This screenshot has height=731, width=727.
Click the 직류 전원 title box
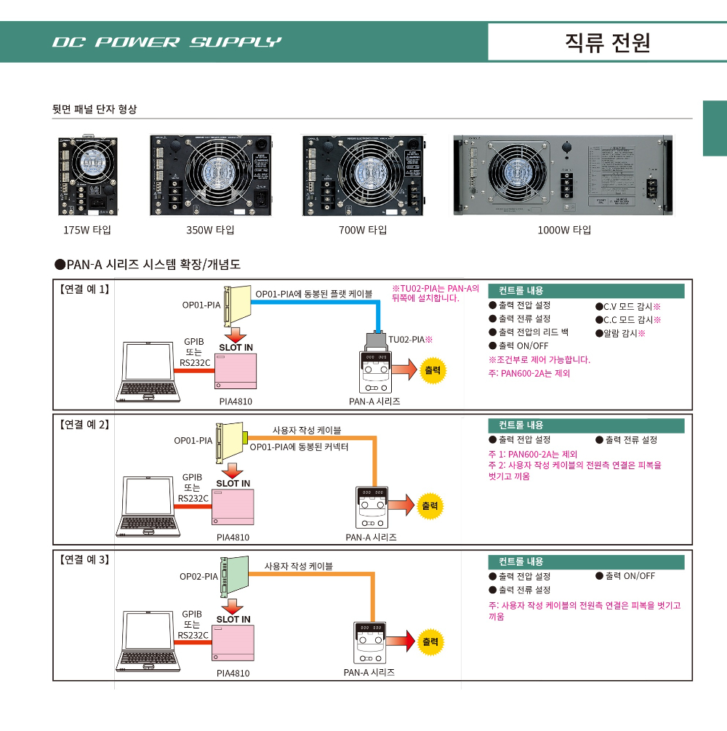(607, 42)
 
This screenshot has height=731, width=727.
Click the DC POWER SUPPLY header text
(166, 42)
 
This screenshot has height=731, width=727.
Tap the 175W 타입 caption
(87, 230)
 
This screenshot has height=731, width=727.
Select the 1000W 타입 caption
(564, 230)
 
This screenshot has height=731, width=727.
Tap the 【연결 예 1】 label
(84, 289)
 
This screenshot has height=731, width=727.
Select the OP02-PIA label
(198, 577)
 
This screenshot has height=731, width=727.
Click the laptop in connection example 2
(148, 506)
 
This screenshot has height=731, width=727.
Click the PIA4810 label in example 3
(233, 673)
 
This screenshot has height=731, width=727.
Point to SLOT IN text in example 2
(233, 484)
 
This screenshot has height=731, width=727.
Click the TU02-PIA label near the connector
(410, 339)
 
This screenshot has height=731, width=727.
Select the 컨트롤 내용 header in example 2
(521, 426)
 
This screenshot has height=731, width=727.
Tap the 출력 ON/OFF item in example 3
(625, 575)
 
